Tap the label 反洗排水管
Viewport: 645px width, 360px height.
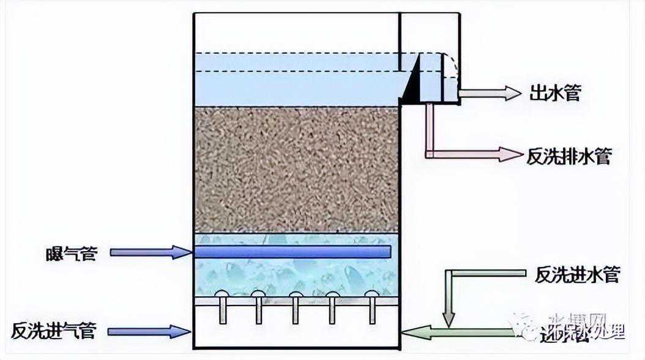(569, 156)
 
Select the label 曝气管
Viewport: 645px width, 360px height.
(71, 252)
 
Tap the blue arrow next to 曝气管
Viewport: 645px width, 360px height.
(149, 252)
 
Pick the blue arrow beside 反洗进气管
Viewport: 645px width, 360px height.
(149, 332)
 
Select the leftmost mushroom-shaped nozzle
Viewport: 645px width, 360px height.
(222, 304)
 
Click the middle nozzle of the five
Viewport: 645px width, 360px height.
(296, 304)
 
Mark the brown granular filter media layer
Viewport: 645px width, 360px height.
(296, 169)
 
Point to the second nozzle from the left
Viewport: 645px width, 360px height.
(259, 304)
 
